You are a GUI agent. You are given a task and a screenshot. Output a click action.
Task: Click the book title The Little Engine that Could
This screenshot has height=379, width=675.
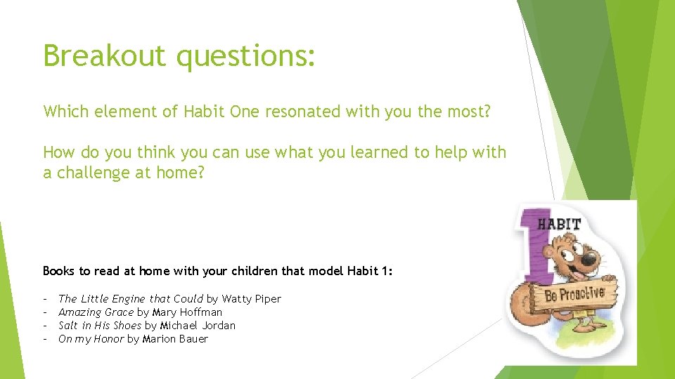(x=131, y=299)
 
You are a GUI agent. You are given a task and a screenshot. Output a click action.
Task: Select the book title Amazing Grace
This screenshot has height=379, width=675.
(x=96, y=312)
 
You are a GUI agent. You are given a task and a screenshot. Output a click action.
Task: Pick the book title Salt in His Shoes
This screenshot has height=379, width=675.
(x=100, y=326)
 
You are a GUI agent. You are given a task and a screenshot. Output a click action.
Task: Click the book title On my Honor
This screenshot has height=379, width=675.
(x=91, y=339)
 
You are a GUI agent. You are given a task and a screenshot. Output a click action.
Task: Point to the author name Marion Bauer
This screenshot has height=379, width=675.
(x=175, y=339)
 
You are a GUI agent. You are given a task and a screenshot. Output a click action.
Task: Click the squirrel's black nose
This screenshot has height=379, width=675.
(x=589, y=260)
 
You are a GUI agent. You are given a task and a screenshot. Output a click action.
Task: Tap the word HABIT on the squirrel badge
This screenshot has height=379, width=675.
(x=559, y=225)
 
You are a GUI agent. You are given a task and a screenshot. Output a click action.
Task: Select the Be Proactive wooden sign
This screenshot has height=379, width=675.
(x=574, y=293)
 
